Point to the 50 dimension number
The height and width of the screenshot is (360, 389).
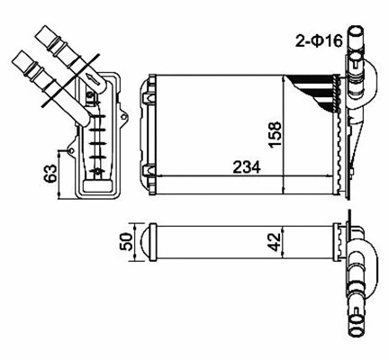coord(125,241)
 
